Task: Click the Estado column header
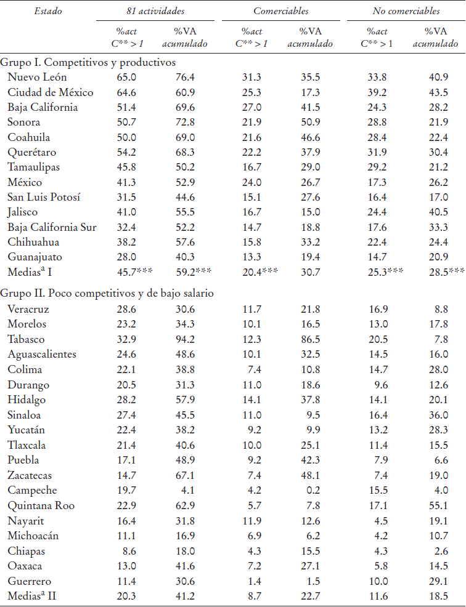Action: [48, 10]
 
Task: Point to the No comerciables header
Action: [406, 10]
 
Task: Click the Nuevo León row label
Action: [38, 77]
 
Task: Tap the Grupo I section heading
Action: [88, 62]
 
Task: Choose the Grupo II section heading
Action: [107, 294]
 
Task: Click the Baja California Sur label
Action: [52, 227]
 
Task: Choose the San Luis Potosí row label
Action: [44, 197]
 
